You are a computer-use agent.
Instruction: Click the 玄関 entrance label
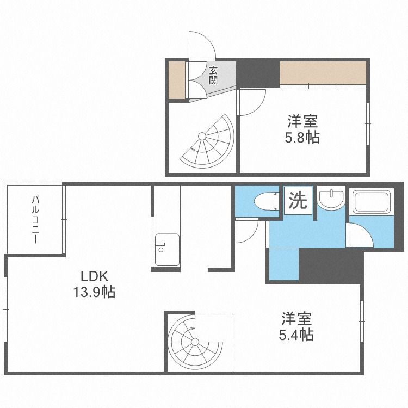pos(212,75)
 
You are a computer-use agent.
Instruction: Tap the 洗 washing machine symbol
pos(297,201)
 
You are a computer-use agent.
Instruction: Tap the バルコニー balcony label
pos(35,219)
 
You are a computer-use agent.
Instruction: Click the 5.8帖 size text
pos(302,138)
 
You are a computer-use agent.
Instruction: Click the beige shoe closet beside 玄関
pos(175,81)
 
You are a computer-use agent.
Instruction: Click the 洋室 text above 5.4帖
pos(296,318)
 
